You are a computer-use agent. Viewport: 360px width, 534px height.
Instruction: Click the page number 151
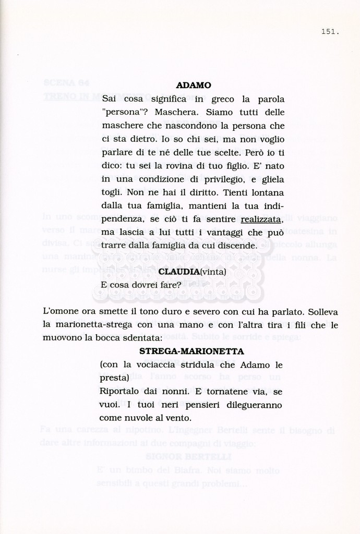330,32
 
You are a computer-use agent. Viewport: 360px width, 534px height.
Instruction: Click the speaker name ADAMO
194,85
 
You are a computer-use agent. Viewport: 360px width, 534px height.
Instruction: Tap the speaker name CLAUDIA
179,272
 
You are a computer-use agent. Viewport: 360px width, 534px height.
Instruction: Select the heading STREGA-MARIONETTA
193,351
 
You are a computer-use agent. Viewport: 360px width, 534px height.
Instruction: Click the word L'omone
61,312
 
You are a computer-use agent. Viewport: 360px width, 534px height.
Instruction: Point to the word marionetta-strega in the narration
86,325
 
